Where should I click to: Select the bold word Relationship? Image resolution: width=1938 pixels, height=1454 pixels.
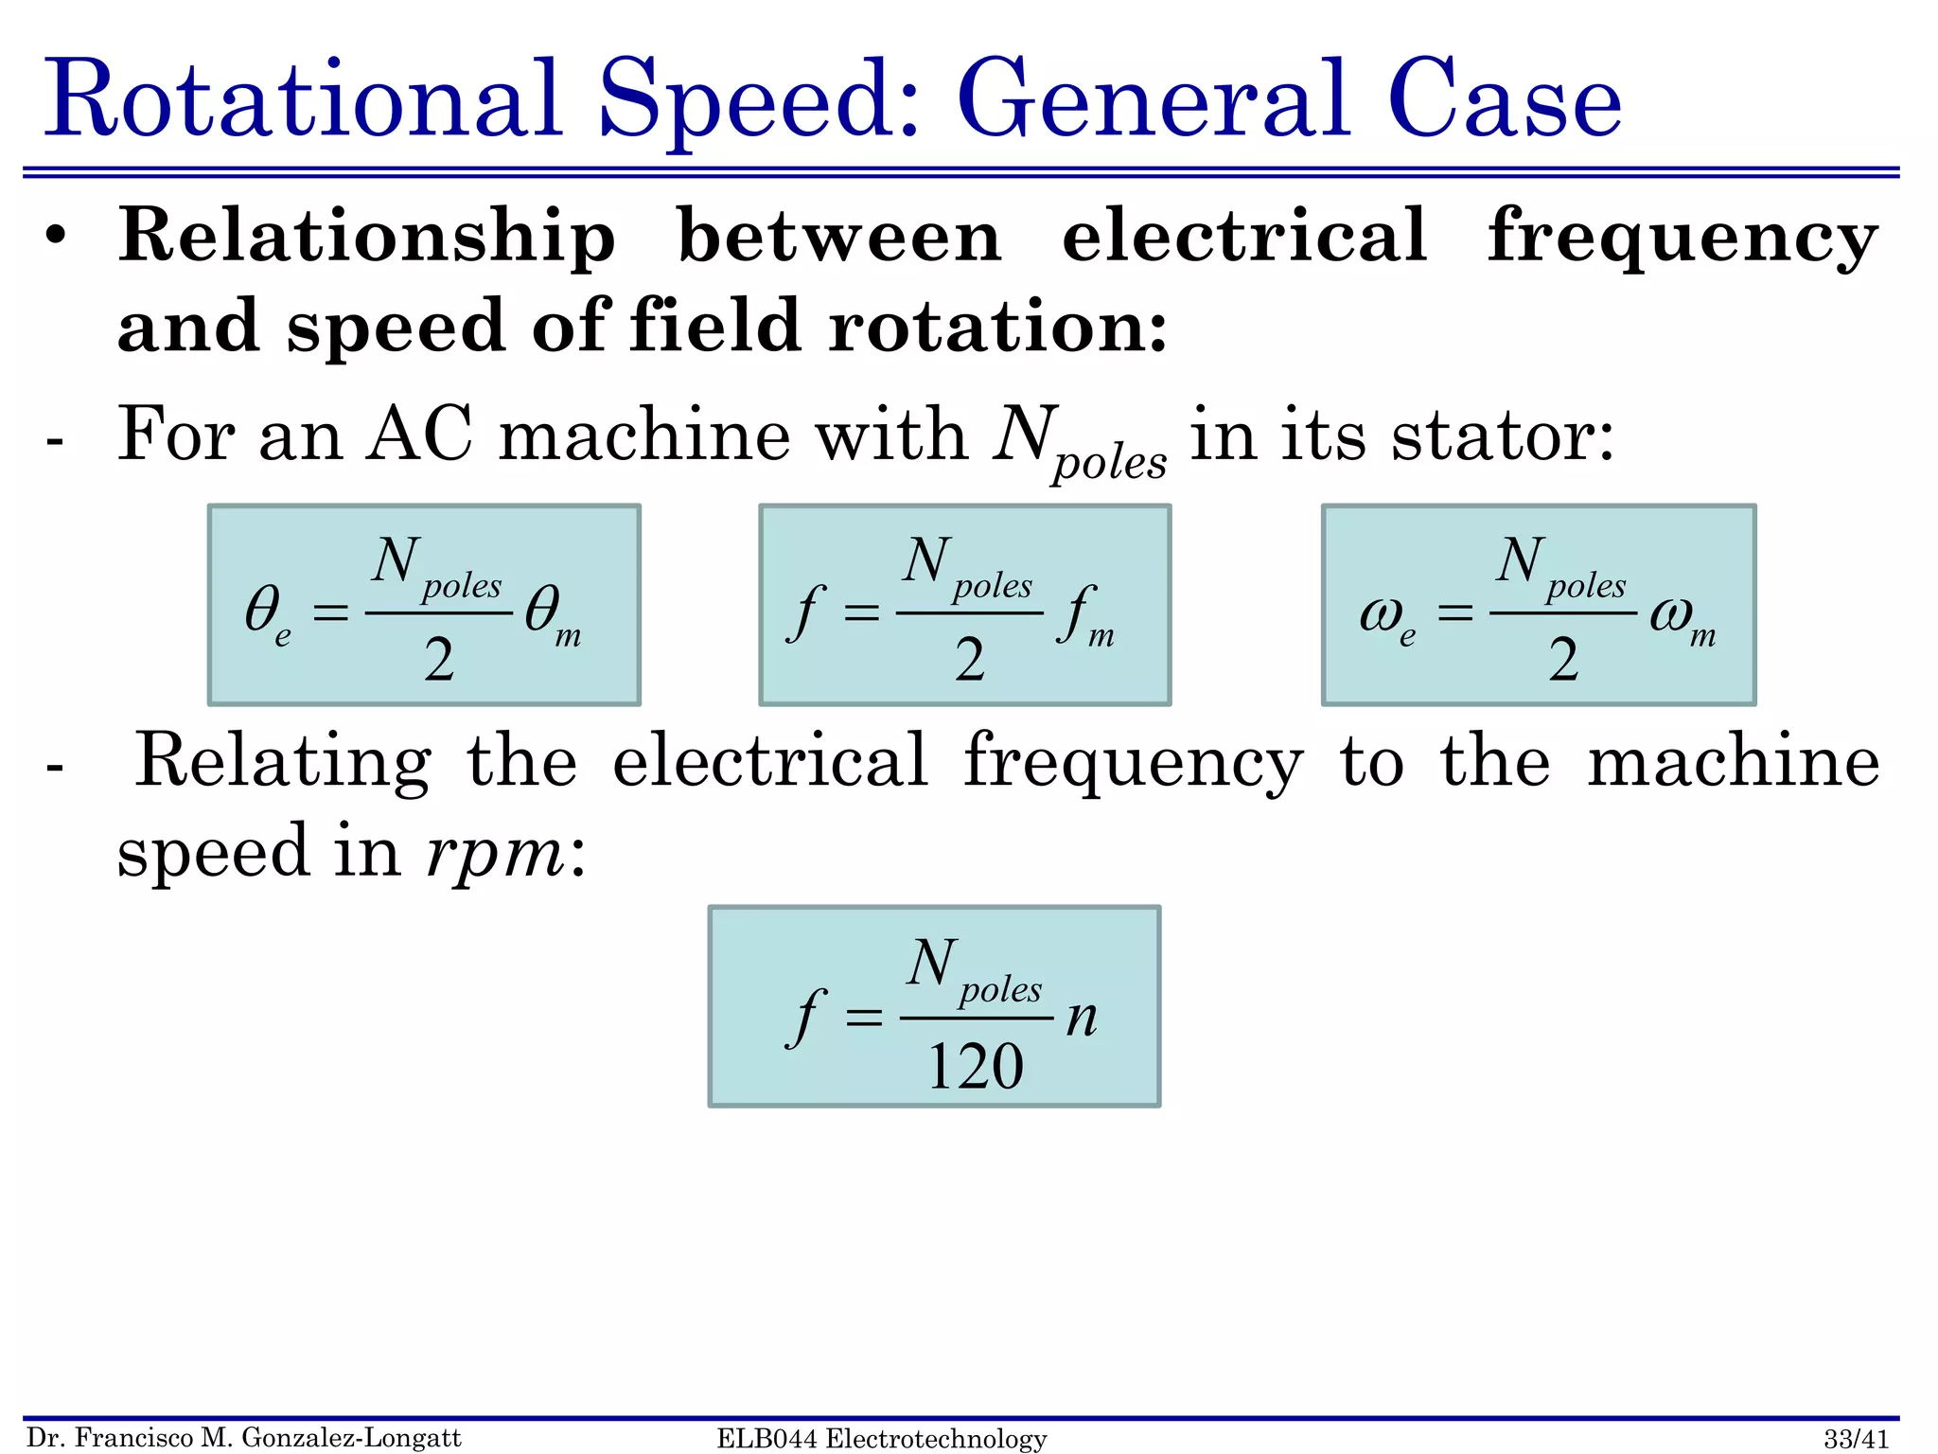point(367,237)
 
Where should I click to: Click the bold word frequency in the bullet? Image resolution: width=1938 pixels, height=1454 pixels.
point(1683,237)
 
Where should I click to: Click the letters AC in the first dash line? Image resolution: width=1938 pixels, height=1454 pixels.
point(419,435)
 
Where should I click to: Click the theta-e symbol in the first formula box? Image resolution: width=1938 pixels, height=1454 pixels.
point(267,613)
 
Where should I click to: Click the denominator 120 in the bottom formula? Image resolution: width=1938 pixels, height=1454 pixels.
point(976,1067)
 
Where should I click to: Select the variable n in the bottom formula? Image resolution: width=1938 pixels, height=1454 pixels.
point(1082,1018)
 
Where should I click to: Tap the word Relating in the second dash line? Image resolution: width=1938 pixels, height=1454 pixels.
point(283,761)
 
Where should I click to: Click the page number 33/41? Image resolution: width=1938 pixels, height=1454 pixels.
point(1856,1439)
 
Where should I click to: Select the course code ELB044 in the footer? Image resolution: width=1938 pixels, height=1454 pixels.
point(766,1439)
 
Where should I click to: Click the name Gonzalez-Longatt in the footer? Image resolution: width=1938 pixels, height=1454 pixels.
point(351,1439)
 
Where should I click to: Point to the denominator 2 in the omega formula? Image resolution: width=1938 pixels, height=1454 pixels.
point(1563,660)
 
